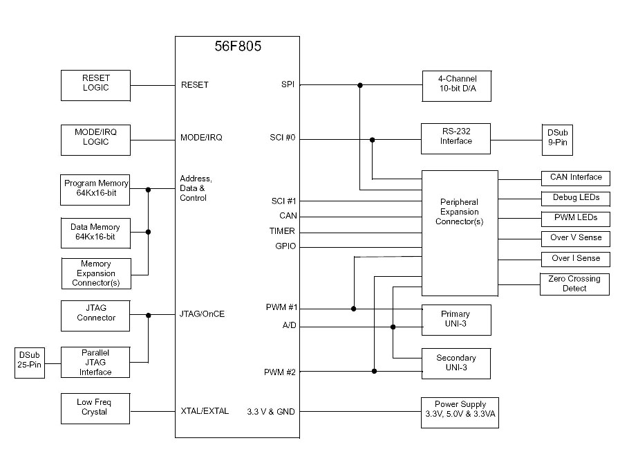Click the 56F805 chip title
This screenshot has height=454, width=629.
coord(237,48)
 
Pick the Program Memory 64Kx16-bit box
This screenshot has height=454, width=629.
coord(95,188)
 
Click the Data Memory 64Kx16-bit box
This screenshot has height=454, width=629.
coord(95,232)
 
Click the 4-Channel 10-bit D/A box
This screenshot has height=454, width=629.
coord(456,84)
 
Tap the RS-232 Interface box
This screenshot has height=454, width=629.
coord(456,137)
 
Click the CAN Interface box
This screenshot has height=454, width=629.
coord(575,178)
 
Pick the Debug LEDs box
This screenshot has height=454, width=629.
coord(575,199)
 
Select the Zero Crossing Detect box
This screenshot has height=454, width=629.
coord(575,284)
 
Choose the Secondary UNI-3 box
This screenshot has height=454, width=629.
coord(456,363)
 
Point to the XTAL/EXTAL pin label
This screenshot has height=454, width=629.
coord(205,411)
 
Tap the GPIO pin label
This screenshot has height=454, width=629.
coord(286,246)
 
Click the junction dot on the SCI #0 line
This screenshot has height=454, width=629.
coord(373,140)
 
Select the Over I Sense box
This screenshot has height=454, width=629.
coord(575,259)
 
